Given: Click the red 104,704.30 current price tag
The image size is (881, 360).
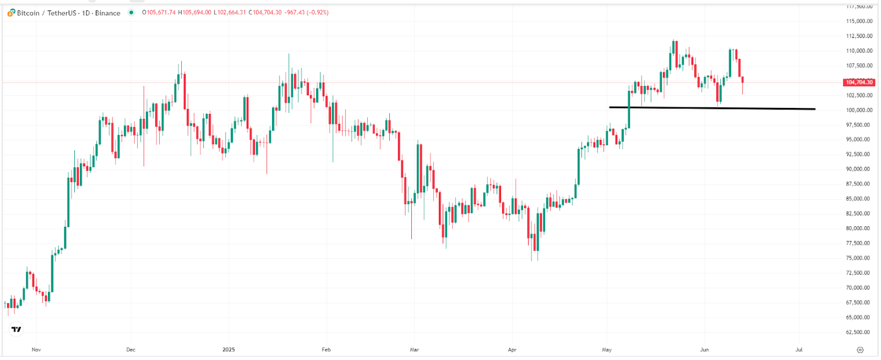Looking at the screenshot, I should pos(859,82).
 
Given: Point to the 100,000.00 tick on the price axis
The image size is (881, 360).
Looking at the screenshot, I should pos(859,110).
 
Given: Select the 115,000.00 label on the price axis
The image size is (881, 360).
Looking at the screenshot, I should pos(859,21).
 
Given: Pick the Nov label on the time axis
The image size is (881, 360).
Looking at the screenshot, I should pos(36,350).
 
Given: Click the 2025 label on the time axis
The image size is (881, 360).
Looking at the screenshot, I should pos(229,350).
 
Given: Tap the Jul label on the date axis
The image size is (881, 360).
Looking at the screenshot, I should pos(799,350).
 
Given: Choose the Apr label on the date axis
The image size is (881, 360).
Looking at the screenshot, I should pos(512,350).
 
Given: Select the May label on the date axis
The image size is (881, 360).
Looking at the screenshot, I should pos(607,350).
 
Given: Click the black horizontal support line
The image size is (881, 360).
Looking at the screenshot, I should pos(716,108).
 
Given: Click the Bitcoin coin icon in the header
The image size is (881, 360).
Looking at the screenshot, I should pos(11,13).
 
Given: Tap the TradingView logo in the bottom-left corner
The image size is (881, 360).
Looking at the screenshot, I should pos(17,329).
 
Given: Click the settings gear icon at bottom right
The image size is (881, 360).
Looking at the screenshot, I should pos(860,350).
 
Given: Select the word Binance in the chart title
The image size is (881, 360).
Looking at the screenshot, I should pos(107,13).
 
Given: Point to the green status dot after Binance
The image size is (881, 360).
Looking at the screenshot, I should pos(131,13).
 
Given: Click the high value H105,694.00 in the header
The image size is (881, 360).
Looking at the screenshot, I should pos(194,13).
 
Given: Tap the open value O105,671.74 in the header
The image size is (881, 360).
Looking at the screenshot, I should pos(159,13).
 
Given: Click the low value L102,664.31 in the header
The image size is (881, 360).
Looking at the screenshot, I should pos(230,13).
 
